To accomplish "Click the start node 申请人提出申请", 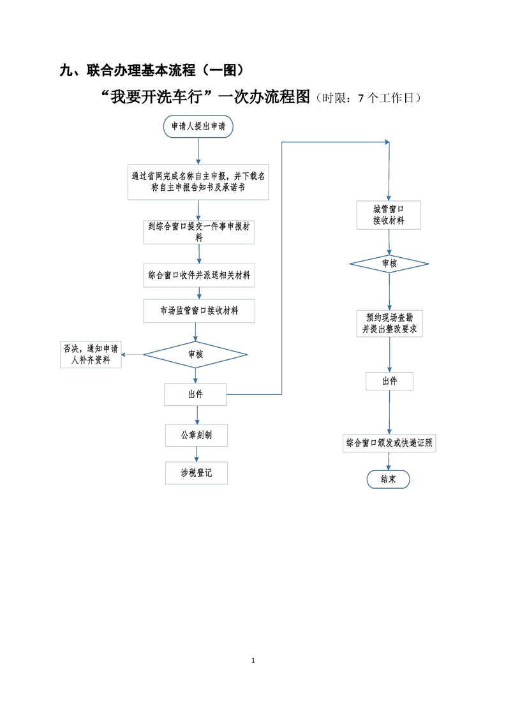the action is pos(198,126).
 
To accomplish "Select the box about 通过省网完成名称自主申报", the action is pos(198,182).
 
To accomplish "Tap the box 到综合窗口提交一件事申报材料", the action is pos(199,232).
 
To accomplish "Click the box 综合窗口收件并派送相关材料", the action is pos(199,275).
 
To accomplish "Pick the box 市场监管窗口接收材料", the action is pos(199,311).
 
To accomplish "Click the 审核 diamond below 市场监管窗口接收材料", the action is pos(195,354).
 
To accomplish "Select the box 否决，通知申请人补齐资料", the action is pos(91,354).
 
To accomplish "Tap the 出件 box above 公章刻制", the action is pos(195,394).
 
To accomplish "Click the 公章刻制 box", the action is pos(197,435).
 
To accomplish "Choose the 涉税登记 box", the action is pos(197,473).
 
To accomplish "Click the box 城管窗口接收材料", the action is pos(389,215).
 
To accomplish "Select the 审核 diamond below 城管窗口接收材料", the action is pos(389,264).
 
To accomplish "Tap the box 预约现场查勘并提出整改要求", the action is pos(389,324).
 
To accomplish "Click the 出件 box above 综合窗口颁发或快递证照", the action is pos(389,381).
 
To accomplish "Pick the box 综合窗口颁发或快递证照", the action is pos(389,443).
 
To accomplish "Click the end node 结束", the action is pos(388,479).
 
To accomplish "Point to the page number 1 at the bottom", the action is pos(253,660).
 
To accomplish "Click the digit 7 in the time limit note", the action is pos(361,98).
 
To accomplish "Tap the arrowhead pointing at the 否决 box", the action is pos(123,354).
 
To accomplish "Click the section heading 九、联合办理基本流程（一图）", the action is pos(152,70).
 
